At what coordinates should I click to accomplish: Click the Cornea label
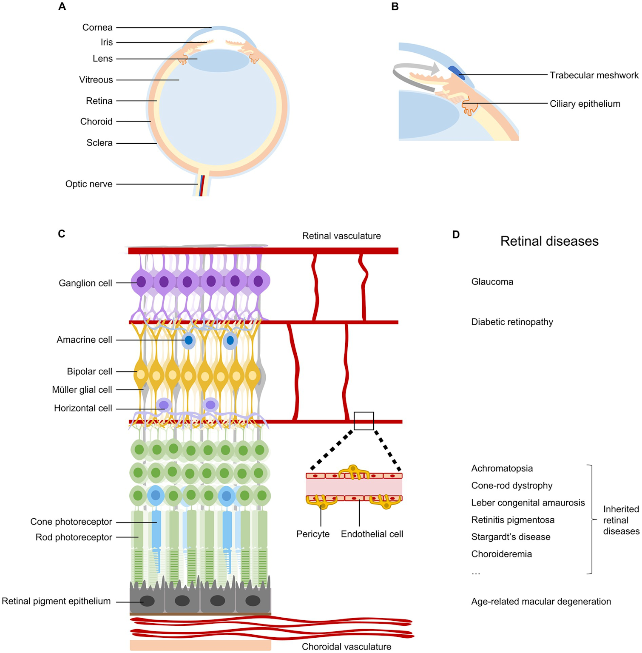coord(97,28)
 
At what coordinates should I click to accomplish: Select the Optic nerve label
coord(89,184)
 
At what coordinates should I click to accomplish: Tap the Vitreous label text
coord(96,80)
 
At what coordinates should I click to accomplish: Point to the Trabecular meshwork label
coord(594,75)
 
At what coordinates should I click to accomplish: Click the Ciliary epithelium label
coord(585,104)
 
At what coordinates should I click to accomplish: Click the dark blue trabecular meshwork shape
coord(456,73)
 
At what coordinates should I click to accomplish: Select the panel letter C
coord(62,234)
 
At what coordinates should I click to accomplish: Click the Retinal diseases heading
coord(549,241)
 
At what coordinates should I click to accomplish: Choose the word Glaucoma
coord(492,282)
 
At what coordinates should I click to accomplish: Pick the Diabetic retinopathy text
coord(512,322)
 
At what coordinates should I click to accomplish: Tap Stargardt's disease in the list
coord(511,537)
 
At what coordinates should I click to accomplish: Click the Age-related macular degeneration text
coord(541,602)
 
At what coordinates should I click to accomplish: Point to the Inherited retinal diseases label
coord(621,520)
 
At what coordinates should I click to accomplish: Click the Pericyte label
coord(312,534)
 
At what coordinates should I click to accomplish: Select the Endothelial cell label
coord(372,534)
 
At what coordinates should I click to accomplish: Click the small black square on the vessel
coord(364,421)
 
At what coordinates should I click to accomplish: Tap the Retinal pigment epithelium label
coord(56,601)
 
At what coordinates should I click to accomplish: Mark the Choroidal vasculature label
coord(346,647)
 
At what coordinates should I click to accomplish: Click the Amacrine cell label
coord(84,340)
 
